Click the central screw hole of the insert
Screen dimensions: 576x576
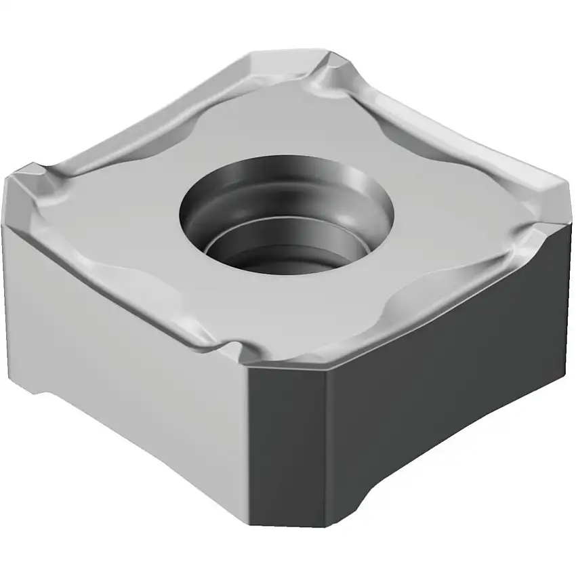coord(288,215)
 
